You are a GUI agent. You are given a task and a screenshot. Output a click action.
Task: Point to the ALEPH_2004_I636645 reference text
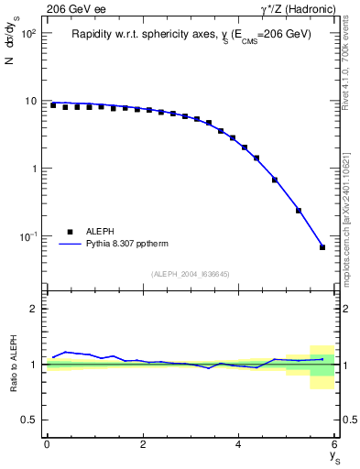191,274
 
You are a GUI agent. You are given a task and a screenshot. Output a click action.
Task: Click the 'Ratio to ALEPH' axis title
14,364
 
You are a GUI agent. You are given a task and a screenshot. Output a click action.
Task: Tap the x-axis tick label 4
238,444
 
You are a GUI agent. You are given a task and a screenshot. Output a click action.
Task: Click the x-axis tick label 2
143,444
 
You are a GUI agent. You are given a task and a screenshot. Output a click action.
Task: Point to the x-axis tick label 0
47,444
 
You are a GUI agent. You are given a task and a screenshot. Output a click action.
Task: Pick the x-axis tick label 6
334,444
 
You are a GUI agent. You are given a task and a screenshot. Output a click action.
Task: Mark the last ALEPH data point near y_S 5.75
322,247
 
